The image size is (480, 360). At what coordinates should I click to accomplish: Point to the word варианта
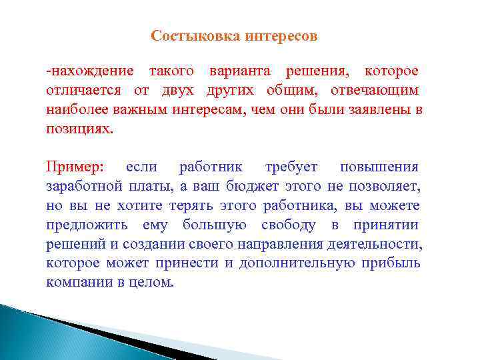[243, 71]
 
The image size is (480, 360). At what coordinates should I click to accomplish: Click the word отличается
[83, 90]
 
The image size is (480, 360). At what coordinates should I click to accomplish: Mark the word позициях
[79, 128]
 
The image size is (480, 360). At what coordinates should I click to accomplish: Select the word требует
[291, 167]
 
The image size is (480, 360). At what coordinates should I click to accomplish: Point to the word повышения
[379, 167]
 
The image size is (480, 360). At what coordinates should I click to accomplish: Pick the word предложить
[89, 225]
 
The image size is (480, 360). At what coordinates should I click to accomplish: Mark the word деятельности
[381, 244]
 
